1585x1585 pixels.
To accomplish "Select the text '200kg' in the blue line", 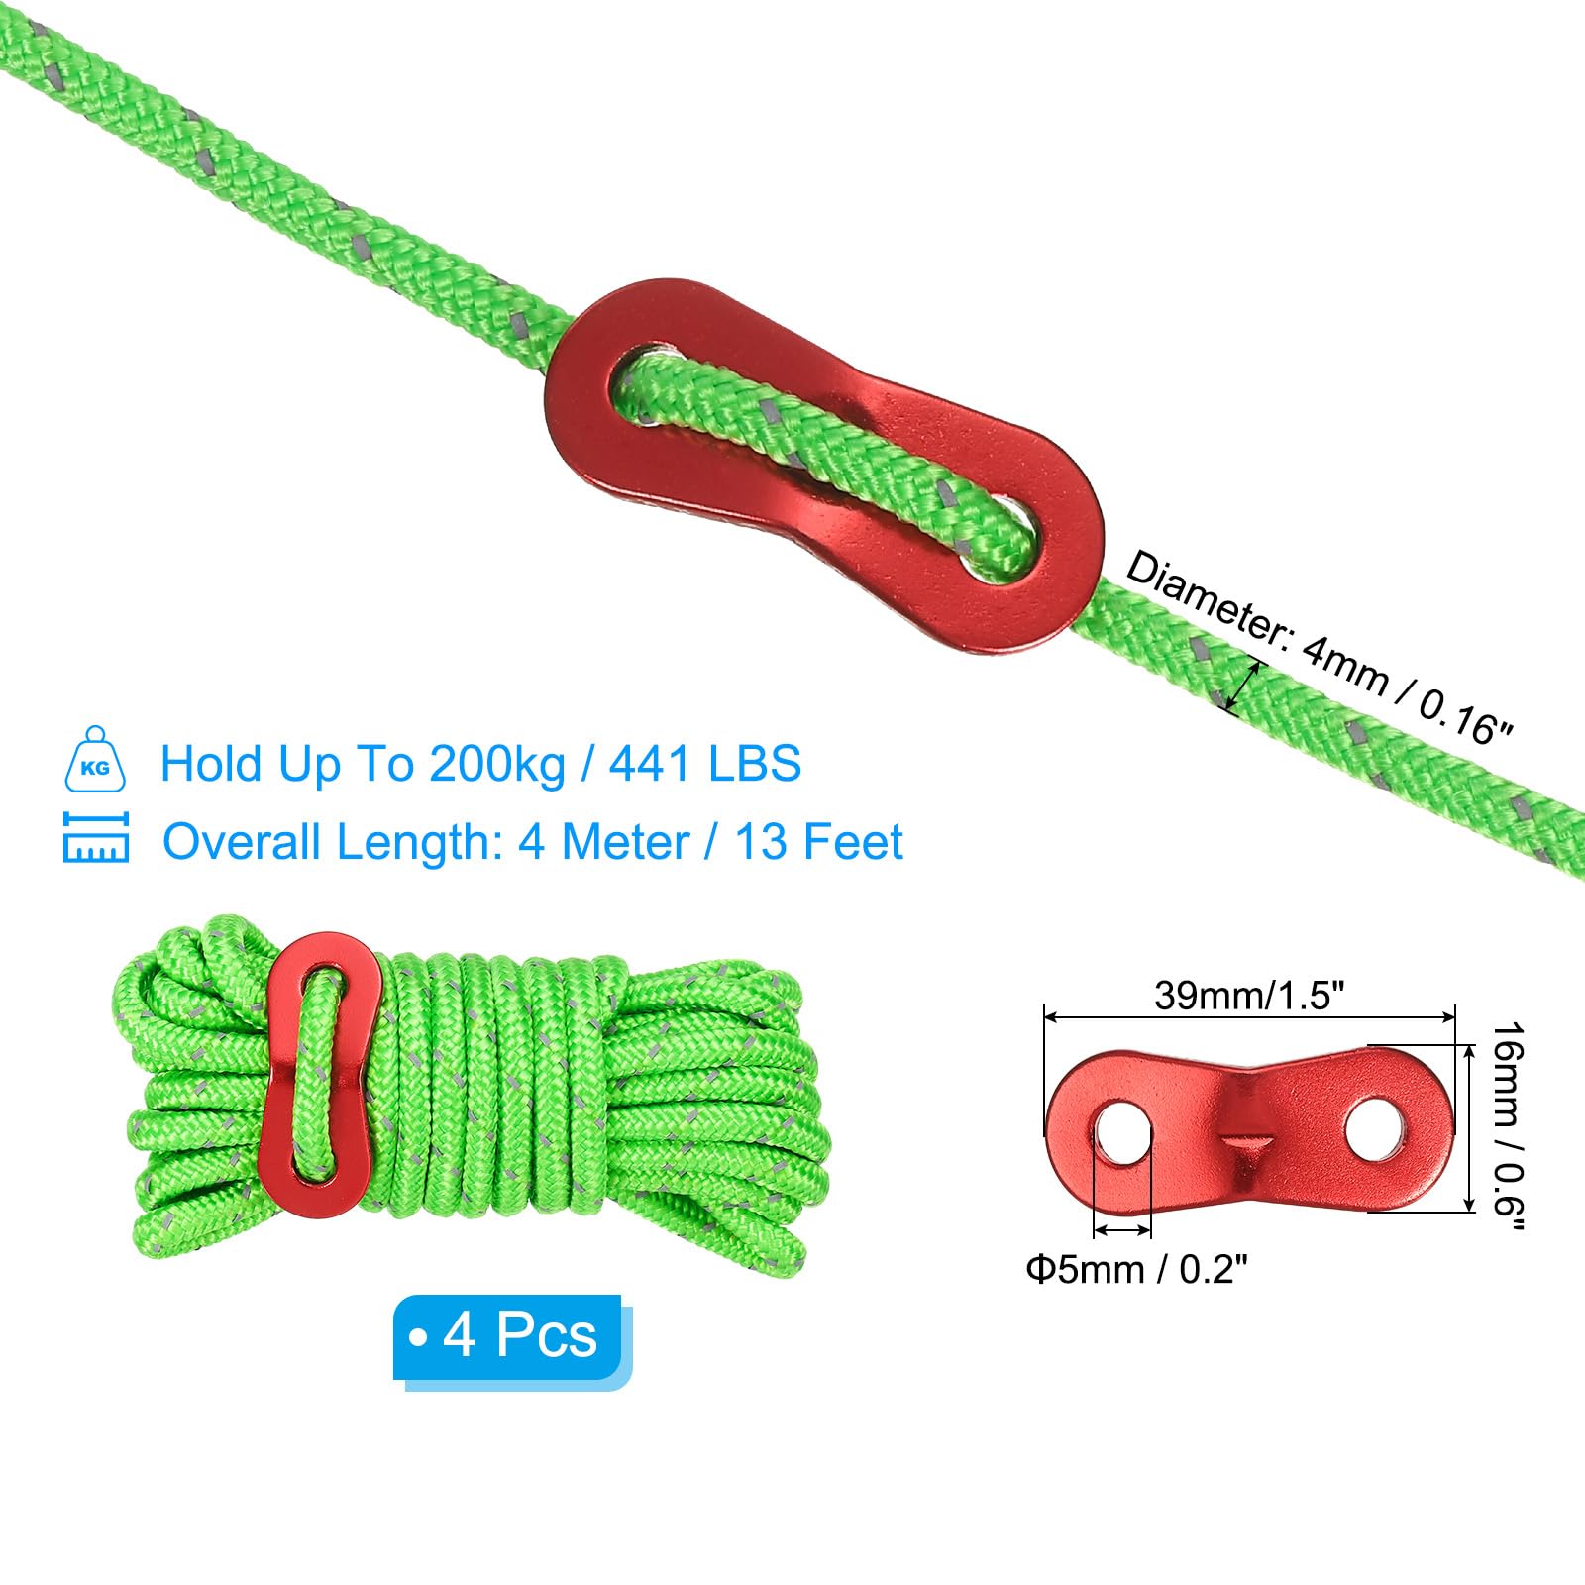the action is (x=497, y=764).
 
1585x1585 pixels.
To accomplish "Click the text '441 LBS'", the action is (x=705, y=764).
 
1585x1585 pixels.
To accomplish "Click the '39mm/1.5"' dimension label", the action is (x=1249, y=995).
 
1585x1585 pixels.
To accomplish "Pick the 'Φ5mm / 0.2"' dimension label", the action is (x=1136, y=1269).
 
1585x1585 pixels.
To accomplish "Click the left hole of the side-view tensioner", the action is (x=1121, y=1129).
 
